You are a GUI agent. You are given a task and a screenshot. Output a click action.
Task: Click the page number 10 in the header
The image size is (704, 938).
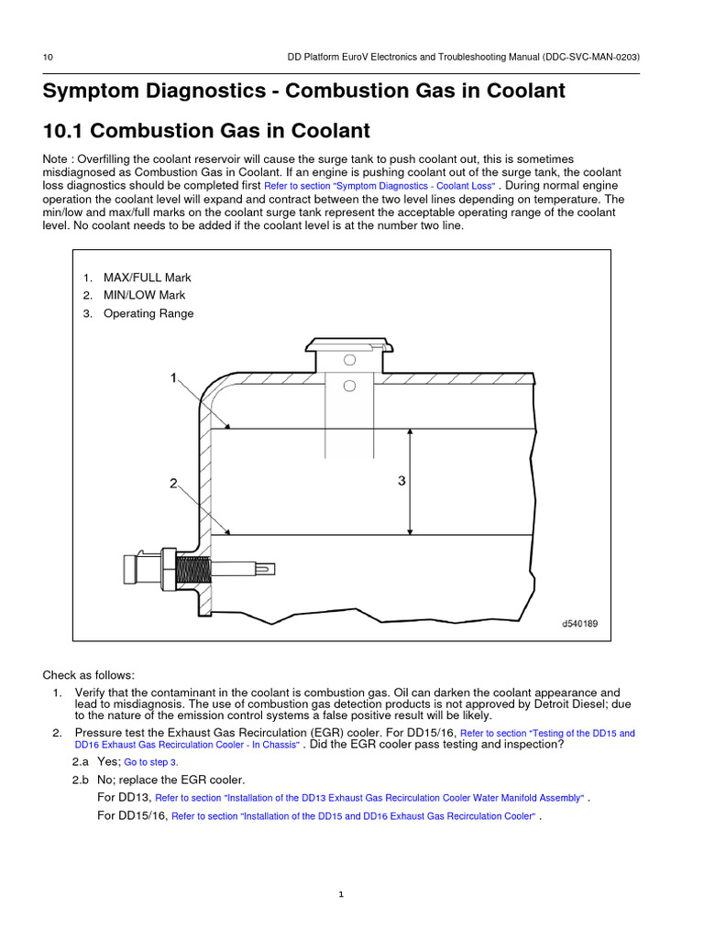(49, 58)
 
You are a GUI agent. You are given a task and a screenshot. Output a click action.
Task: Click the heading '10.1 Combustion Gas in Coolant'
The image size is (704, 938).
(206, 131)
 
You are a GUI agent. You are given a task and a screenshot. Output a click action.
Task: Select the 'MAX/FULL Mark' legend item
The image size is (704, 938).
(147, 278)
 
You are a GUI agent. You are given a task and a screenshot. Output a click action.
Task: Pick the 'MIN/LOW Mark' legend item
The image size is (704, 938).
(144, 295)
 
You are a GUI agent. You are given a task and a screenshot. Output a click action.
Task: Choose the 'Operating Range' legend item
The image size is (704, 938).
(148, 313)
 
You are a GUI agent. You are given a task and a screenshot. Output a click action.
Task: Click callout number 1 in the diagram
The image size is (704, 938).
(173, 377)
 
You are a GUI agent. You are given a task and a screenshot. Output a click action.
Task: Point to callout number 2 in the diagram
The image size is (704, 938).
(173, 484)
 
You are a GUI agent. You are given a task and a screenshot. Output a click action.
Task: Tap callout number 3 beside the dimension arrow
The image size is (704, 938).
(401, 480)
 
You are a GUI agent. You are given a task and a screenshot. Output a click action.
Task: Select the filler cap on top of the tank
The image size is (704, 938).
(348, 345)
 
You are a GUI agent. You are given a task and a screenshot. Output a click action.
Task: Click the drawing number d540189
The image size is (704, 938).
(579, 624)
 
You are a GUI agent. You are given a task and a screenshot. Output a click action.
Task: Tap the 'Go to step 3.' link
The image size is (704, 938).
(151, 762)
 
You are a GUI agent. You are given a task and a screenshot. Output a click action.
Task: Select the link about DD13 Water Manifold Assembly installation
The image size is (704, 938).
(369, 798)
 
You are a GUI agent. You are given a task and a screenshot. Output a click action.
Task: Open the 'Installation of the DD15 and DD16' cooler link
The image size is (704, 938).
(353, 816)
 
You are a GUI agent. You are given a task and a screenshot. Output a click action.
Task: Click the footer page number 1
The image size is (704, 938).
(340, 895)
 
